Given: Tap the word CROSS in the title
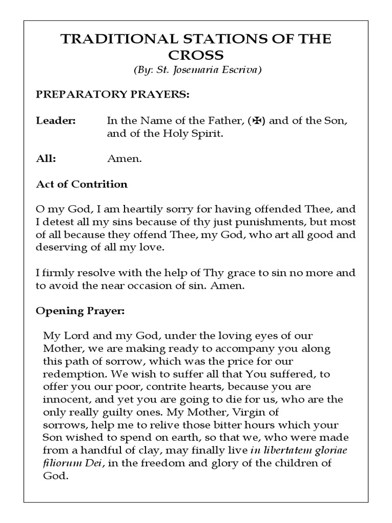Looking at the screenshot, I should [195, 55].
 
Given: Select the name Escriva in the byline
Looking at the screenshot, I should [241, 70].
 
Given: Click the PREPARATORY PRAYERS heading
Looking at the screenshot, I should [112, 96].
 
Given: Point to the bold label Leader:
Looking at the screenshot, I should [56, 121].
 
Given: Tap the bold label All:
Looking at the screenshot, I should [46, 159].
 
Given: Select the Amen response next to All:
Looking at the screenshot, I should [124, 159].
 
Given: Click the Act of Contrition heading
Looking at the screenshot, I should [82, 184].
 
